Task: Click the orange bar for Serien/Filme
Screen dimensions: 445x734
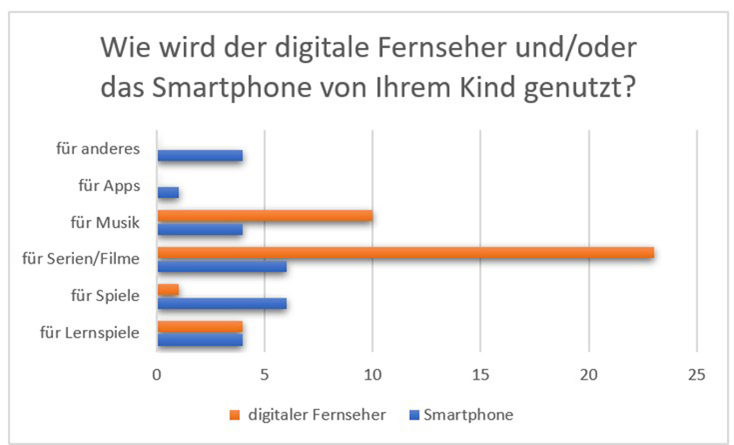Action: (x=405, y=253)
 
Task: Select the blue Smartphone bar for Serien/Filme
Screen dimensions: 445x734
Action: (x=221, y=267)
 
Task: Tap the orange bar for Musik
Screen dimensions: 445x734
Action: (x=265, y=216)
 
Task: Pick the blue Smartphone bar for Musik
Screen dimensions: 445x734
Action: (x=200, y=229)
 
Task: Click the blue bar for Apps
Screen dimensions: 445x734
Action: (x=167, y=192)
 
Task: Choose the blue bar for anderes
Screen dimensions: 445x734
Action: (x=200, y=155)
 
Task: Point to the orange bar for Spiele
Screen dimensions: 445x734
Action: (x=167, y=290)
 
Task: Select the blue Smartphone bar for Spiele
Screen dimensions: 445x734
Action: (x=221, y=304)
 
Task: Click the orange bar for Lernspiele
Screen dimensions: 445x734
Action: (x=200, y=326)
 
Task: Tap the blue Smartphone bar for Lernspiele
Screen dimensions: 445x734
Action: (x=200, y=340)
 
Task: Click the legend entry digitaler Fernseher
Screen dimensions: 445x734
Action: (x=315, y=415)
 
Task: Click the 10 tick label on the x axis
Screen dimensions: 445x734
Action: (x=372, y=375)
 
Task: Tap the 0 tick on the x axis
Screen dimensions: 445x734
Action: (x=157, y=375)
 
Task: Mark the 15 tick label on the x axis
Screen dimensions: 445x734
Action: (x=480, y=375)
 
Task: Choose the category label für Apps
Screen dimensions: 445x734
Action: (x=109, y=185)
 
